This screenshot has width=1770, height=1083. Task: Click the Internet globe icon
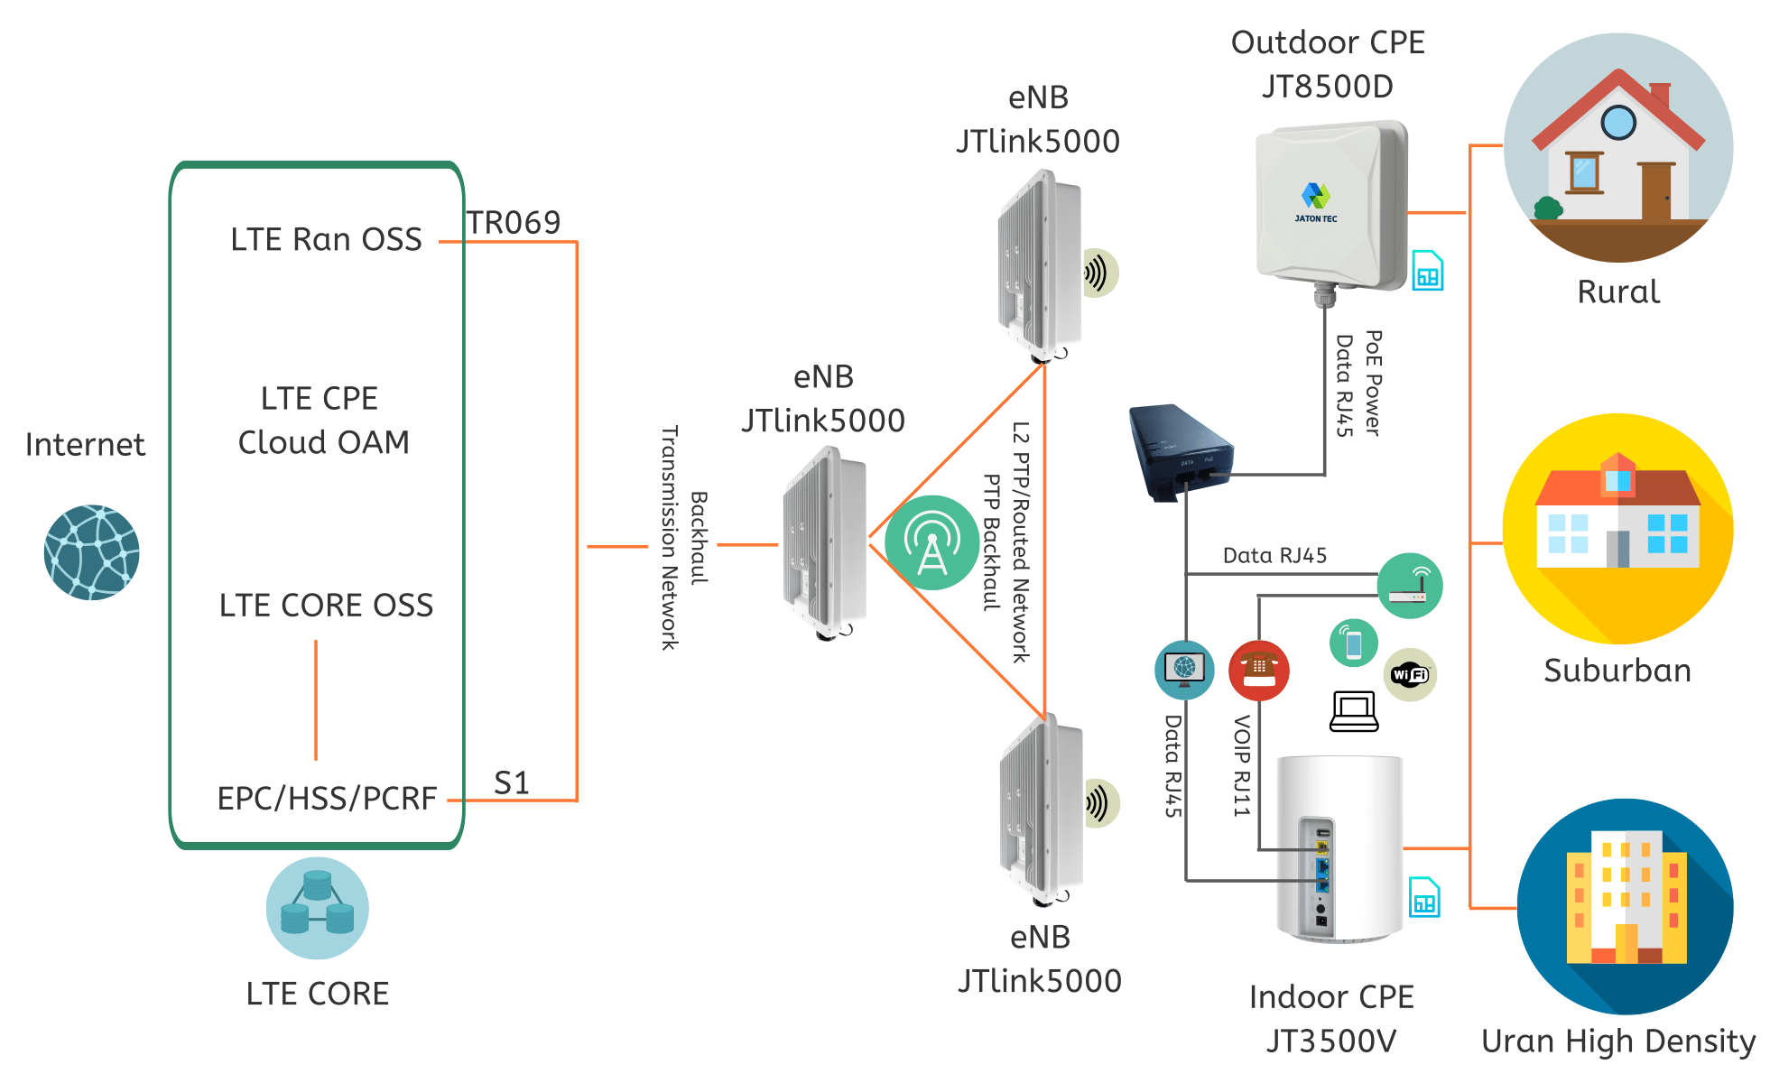[91, 551]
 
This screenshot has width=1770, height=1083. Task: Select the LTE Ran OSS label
[326, 240]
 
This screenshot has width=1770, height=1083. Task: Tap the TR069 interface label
[514, 223]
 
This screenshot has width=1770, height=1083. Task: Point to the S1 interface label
[511, 782]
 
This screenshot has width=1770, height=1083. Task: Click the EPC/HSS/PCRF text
[327, 799]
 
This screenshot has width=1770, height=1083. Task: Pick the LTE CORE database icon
[317, 907]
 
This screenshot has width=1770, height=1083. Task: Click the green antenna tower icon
[931, 542]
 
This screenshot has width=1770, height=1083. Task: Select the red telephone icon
[1258, 671]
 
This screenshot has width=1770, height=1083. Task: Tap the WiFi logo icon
[1410, 674]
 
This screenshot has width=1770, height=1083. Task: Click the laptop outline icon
[1354, 712]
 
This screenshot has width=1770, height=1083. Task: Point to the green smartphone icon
[1353, 643]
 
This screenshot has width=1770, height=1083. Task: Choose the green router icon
[1410, 586]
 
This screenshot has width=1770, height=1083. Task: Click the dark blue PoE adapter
[1179, 451]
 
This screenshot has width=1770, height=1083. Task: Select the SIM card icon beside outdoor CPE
[1427, 271]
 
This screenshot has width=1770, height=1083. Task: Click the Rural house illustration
[1617, 148]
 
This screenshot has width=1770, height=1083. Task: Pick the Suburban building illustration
[1617, 529]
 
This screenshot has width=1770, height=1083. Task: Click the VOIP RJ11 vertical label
[1242, 765]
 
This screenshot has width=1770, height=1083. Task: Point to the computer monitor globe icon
[1184, 670]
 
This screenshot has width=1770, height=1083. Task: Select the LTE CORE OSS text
[326, 606]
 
